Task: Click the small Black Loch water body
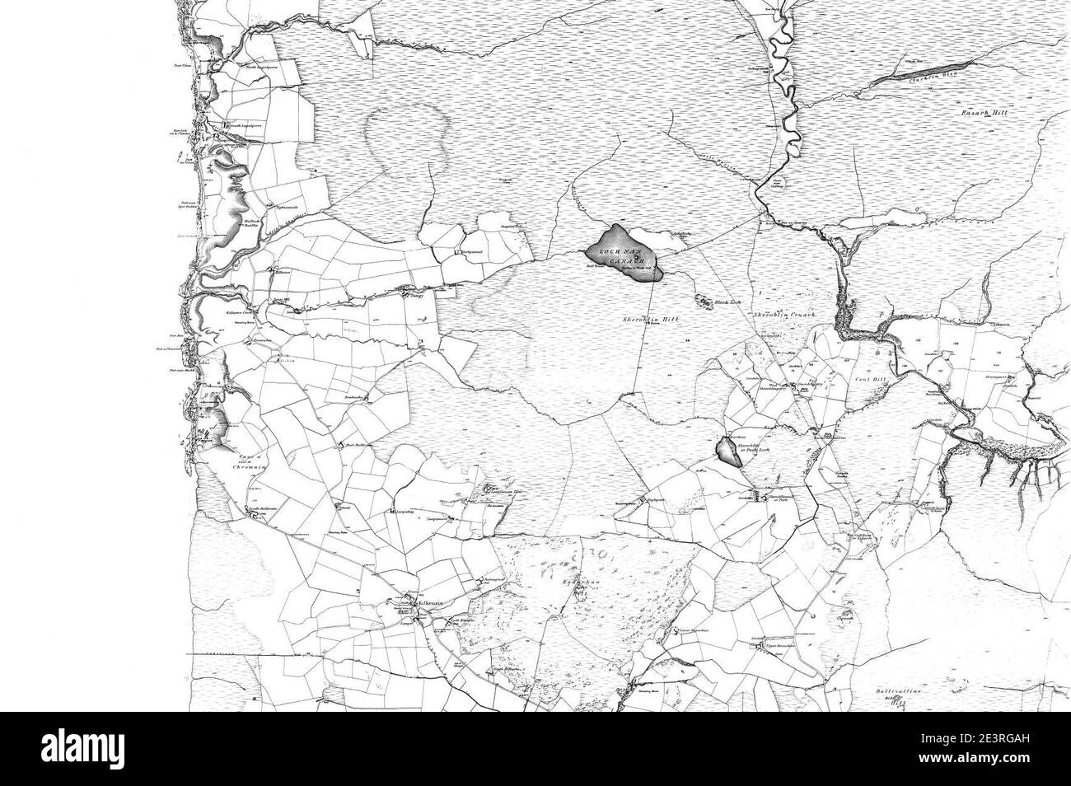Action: (705, 302)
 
